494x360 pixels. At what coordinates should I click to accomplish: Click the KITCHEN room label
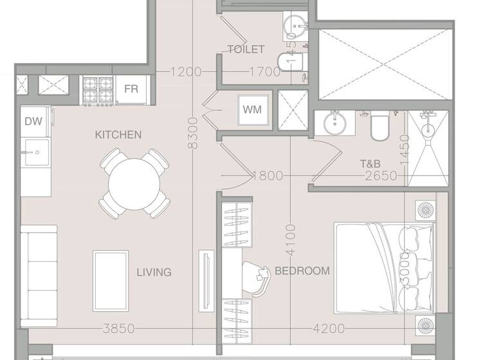point(118,134)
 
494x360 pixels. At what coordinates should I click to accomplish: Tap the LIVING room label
point(154,272)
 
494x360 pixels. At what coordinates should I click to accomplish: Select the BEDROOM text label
point(302,271)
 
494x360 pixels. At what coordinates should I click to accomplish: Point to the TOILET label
point(246,50)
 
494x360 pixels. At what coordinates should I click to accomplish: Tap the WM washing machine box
point(252,109)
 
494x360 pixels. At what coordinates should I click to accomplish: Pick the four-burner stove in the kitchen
point(98,90)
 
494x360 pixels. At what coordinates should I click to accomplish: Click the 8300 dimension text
point(192,133)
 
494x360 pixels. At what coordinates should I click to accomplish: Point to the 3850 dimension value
point(118,328)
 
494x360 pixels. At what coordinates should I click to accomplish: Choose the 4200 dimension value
point(328,328)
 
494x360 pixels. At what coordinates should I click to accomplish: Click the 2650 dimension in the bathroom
point(380,175)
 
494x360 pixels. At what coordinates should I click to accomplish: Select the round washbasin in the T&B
point(334,123)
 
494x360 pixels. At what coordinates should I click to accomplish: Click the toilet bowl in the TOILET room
point(291,60)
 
